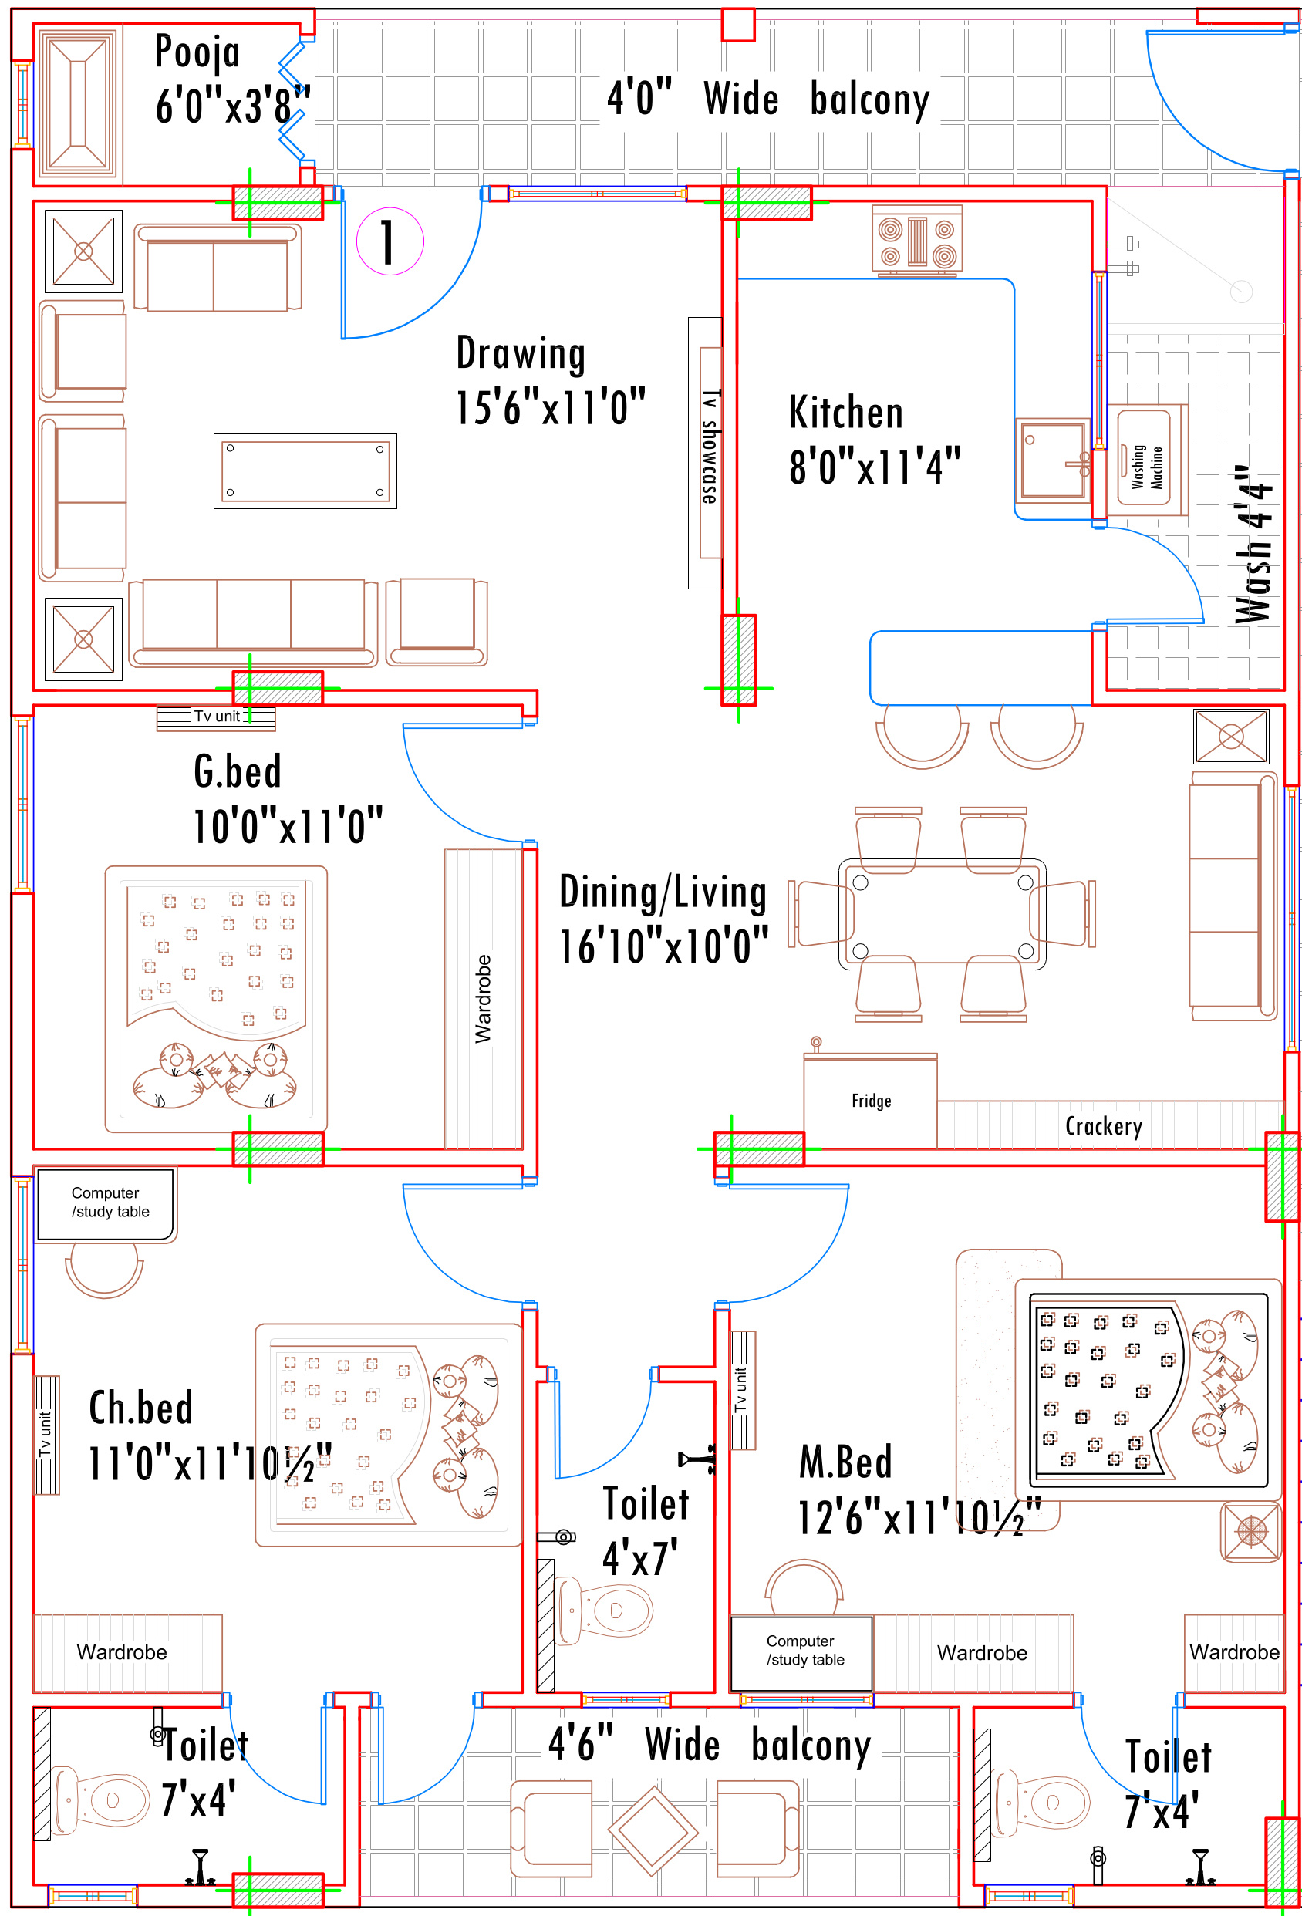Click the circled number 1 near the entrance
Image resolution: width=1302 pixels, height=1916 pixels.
click(x=390, y=241)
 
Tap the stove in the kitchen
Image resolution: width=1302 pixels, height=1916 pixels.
click(x=917, y=239)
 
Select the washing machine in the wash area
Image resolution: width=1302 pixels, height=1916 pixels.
click(x=1146, y=460)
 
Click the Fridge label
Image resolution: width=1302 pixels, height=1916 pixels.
click(x=871, y=1101)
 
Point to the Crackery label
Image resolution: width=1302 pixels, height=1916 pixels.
click(x=1103, y=1126)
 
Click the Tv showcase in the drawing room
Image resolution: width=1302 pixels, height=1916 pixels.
click(x=705, y=453)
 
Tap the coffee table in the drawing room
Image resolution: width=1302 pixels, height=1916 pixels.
click(x=305, y=471)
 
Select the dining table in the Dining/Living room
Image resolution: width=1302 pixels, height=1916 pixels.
click(x=942, y=913)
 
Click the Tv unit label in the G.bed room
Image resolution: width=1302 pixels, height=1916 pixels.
click(x=217, y=717)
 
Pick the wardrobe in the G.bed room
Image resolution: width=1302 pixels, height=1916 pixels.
click(x=483, y=998)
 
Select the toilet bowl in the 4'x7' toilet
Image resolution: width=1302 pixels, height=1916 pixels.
click(x=604, y=1610)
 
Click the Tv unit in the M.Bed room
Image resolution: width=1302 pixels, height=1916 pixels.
click(x=742, y=1390)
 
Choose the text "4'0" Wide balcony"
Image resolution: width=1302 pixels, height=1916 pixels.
click(x=767, y=98)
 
